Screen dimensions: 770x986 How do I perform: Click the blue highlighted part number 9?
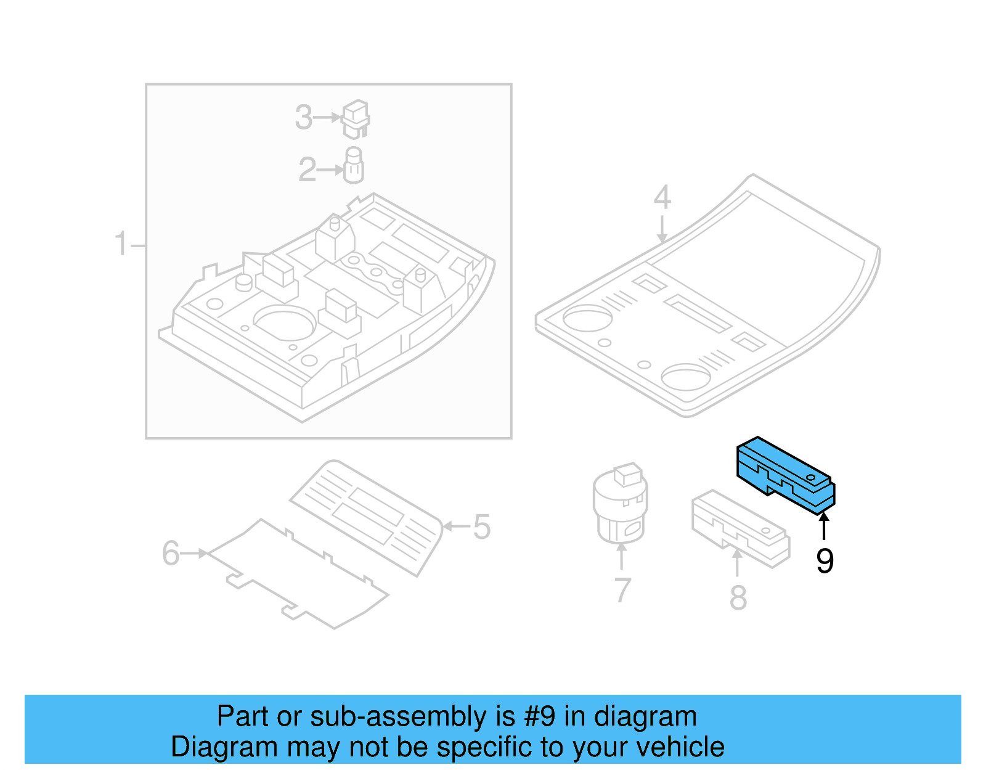786,475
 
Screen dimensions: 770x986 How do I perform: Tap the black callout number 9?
825,561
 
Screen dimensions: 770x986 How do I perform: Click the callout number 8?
738,597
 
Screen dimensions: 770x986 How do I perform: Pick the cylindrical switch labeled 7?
620,502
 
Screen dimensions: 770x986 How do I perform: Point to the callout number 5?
481,527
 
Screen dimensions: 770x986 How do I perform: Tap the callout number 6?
171,553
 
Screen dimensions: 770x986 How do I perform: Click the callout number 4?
662,197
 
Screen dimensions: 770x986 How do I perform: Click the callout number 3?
303,117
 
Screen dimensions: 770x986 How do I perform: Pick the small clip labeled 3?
356,119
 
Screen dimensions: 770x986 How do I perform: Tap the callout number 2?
307,170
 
